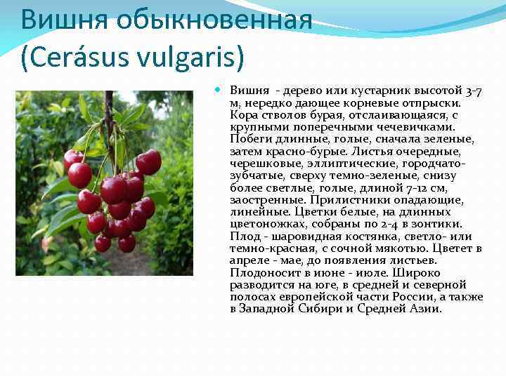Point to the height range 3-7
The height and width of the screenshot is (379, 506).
(474, 91)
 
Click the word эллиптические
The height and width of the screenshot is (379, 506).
(327, 163)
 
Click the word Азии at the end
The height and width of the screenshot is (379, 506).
(429, 308)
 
